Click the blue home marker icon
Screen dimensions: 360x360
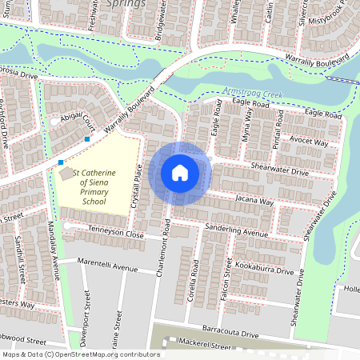point(180,172)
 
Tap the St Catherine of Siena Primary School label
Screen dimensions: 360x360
point(94,187)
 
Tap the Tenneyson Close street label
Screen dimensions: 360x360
point(116,235)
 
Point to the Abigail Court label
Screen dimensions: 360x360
point(78,121)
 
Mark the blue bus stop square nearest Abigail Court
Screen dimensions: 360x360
point(86,140)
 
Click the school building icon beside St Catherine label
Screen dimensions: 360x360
point(64,173)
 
